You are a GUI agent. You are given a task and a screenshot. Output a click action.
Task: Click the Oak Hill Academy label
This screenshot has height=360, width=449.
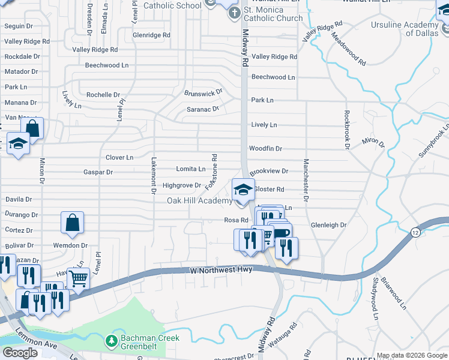click(x=199, y=200)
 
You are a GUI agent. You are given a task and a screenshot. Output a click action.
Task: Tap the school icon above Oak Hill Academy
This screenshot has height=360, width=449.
click(x=243, y=190)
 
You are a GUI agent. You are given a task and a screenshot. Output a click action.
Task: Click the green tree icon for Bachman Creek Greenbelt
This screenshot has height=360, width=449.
click(x=111, y=341)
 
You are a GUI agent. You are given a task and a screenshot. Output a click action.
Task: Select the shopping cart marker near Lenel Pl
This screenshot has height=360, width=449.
click(x=78, y=278)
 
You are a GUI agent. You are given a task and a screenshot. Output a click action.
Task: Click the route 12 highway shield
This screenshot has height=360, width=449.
click(x=415, y=232)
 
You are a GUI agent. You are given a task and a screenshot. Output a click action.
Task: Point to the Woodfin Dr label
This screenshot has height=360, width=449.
click(x=265, y=148)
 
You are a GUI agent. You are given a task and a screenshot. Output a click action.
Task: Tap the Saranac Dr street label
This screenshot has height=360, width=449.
click(x=202, y=109)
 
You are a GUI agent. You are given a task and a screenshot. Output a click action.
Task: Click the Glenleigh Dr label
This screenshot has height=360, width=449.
click(x=328, y=225)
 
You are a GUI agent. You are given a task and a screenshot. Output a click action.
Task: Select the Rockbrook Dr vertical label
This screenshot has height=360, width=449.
click(x=347, y=129)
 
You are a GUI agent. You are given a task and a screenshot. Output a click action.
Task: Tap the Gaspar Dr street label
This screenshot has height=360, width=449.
click(x=98, y=172)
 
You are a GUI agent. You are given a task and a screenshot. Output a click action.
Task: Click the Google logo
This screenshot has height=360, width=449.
click(x=20, y=353)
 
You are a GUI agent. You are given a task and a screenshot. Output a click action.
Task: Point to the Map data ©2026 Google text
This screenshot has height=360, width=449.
click(x=412, y=355)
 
